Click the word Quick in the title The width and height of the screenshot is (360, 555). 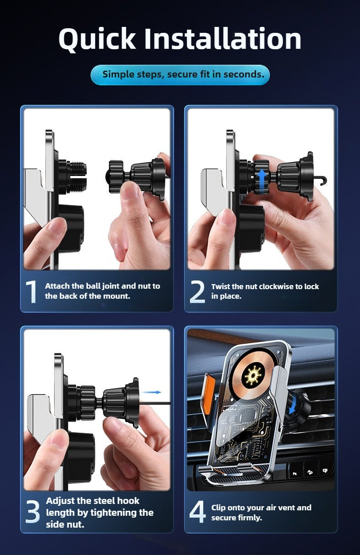point(97,39)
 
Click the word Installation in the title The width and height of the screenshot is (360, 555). point(223,39)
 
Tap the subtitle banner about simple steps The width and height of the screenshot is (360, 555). point(180,75)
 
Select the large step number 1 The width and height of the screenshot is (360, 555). point(31,292)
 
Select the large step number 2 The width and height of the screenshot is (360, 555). point(197,292)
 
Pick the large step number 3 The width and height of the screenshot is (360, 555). point(33,512)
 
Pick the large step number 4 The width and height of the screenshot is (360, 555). point(197,512)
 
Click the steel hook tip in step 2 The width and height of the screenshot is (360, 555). point(324,181)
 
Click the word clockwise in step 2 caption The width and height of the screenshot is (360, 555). point(280,287)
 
